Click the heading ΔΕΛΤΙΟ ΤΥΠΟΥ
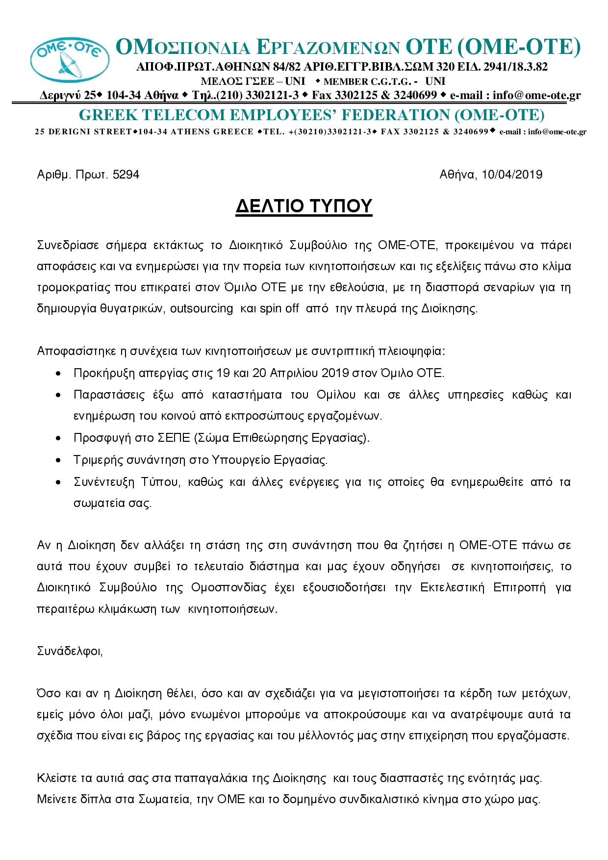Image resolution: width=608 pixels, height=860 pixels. (304, 206)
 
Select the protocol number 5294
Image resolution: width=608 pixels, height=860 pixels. (126, 175)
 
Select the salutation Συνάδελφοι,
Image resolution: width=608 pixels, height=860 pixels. (70, 651)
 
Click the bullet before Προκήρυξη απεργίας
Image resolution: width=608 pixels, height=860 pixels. (59, 374)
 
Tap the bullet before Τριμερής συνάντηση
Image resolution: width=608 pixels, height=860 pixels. (59, 461)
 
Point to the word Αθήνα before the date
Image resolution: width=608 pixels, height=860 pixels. (456, 175)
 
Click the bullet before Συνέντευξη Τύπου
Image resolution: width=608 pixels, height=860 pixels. (59, 482)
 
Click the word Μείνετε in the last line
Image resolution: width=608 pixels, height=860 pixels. (55, 800)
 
